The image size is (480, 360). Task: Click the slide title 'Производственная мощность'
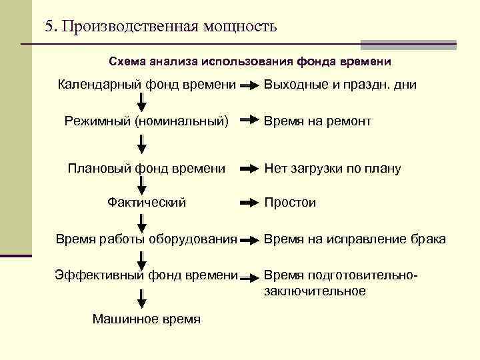pos(160,27)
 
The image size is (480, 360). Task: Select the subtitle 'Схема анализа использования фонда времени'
pos(250,61)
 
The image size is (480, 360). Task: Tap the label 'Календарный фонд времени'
pos(147,85)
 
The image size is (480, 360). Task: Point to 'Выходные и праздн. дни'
pos(340,85)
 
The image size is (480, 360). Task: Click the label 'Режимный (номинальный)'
pos(147,121)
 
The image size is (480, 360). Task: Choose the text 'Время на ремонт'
pos(317,121)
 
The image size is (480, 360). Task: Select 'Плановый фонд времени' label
pos(147,168)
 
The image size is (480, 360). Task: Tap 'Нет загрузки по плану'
pos(333,169)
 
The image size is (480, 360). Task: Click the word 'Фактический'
pos(147,202)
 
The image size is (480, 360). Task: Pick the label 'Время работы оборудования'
pos(147,239)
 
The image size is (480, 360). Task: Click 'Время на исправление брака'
pos(355,239)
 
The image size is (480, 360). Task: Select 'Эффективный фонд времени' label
pos(147,275)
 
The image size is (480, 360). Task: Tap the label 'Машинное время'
pos(147,319)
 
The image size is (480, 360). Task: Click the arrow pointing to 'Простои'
pos(248,202)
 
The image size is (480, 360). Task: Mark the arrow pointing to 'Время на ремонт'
pos(248,121)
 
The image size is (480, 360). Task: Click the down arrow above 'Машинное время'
pos(143,297)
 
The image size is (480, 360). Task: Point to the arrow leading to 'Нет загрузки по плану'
pos(248,169)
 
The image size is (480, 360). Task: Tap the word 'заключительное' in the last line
pos(315,291)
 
